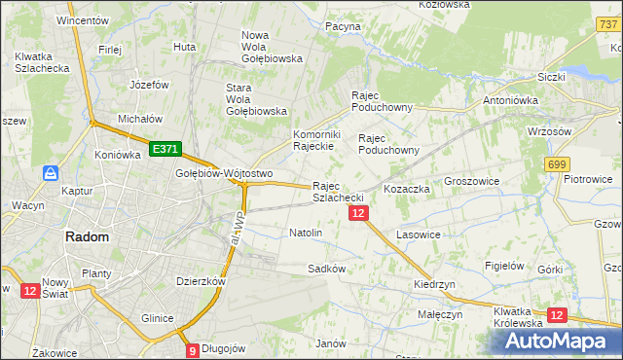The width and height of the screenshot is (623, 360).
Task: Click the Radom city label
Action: tap(87, 236)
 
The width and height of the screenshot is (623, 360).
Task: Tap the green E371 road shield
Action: tap(165, 148)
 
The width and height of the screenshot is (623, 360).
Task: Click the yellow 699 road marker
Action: tap(558, 165)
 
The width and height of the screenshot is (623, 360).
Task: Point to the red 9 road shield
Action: tap(193, 350)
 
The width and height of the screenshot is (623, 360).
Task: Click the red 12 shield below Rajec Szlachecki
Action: tap(358, 213)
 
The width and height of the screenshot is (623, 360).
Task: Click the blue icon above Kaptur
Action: tap(51, 173)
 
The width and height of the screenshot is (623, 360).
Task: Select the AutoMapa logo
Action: tap(557, 341)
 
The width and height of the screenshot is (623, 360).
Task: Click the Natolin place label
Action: tap(306, 234)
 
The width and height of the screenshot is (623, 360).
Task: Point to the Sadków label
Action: tap(327, 268)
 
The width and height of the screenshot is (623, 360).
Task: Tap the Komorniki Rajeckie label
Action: tap(314, 140)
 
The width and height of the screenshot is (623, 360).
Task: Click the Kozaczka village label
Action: tap(407, 189)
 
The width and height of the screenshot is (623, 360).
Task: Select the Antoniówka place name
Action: tap(513, 100)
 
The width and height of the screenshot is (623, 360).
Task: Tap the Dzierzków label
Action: tap(202, 281)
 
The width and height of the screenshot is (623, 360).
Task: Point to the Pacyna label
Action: tap(343, 26)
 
